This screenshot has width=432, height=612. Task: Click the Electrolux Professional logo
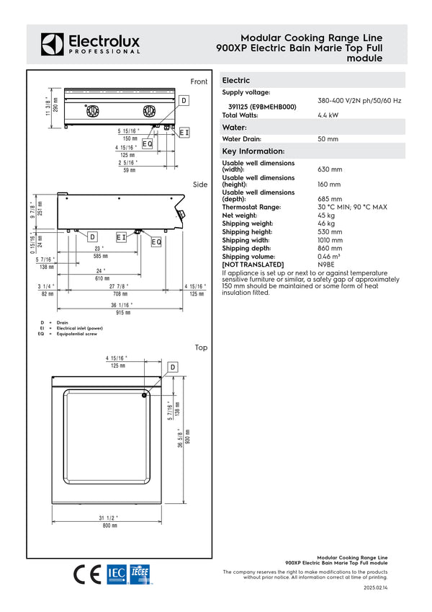point(90,44)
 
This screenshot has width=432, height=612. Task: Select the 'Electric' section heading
point(236,81)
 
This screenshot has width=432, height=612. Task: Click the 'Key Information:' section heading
point(253,151)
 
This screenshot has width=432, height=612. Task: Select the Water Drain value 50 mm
point(328,139)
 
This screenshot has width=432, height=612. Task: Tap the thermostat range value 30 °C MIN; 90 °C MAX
point(352,208)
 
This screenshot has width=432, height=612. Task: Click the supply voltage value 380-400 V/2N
point(359,101)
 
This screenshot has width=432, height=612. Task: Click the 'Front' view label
point(199,81)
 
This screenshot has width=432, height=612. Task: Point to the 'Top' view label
point(201,347)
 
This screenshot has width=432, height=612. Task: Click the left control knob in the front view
point(92,110)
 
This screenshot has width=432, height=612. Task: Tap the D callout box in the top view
point(173,368)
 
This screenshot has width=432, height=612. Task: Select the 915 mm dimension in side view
point(123,313)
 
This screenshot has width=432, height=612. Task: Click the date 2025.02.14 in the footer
point(375,589)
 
